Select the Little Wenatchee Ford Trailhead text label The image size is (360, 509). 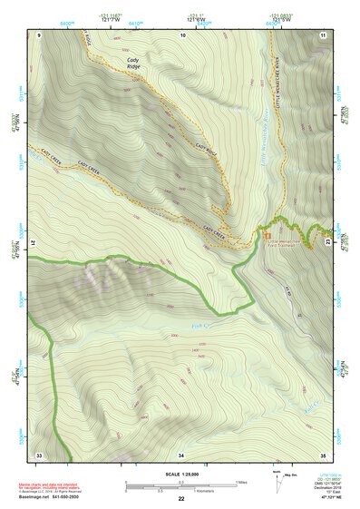pos(280,242)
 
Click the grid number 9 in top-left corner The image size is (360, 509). pos(39,34)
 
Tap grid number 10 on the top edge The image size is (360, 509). pos(182,34)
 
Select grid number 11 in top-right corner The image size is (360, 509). pos(322,34)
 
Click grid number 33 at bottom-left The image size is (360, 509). pos(39,454)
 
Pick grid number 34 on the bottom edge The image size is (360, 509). pos(181,454)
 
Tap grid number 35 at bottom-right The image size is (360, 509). pos(322,454)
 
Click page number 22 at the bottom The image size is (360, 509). pos(180,499)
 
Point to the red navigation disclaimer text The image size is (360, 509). pos(47,486)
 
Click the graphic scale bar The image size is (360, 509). pos(180,485)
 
